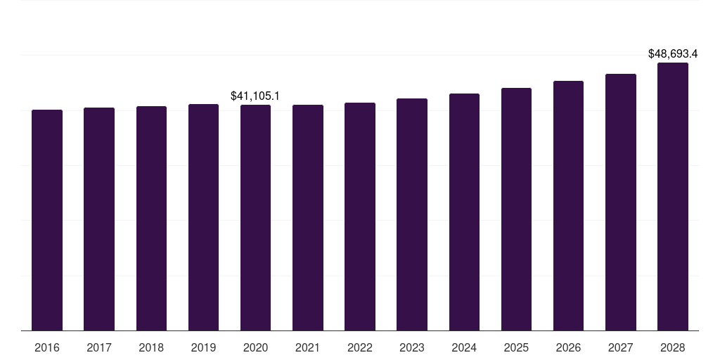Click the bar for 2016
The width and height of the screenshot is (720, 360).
pyautogui.click(x=47, y=220)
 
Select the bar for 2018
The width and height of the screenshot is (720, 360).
pyautogui.click(x=152, y=219)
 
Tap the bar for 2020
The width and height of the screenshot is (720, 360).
pyautogui.click(x=256, y=218)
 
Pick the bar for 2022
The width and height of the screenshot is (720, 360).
pyautogui.click(x=360, y=217)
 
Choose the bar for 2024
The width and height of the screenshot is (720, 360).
pyautogui.click(x=464, y=212)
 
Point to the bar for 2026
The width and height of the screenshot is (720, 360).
pyautogui.click(x=568, y=206)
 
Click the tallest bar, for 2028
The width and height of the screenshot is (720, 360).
pyautogui.click(x=673, y=197)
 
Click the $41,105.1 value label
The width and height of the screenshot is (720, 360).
pyautogui.click(x=255, y=96)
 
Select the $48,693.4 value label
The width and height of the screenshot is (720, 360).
pyautogui.click(x=673, y=53)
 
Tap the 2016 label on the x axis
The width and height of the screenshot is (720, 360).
pyautogui.click(x=47, y=347)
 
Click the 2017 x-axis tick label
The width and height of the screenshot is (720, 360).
pyautogui.click(x=99, y=347)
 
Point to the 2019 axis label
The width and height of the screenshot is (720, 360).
pyautogui.click(x=203, y=347)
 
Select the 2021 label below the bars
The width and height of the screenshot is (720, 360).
pyautogui.click(x=308, y=347)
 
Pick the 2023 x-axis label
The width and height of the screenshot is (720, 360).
pyautogui.click(x=412, y=347)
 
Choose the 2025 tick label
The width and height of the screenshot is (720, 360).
pyautogui.click(x=516, y=347)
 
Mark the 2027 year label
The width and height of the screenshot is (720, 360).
pyautogui.click(x=621, y=347)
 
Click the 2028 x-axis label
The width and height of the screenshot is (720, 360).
pyautogui.click(x=673, y=347)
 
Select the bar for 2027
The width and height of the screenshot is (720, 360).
pyautogui.click(x=621, y=202)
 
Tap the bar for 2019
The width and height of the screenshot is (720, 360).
pyautogui.click(x=203, y=217)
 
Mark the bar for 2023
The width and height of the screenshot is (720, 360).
pyautogui.click(x=412, y=214)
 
